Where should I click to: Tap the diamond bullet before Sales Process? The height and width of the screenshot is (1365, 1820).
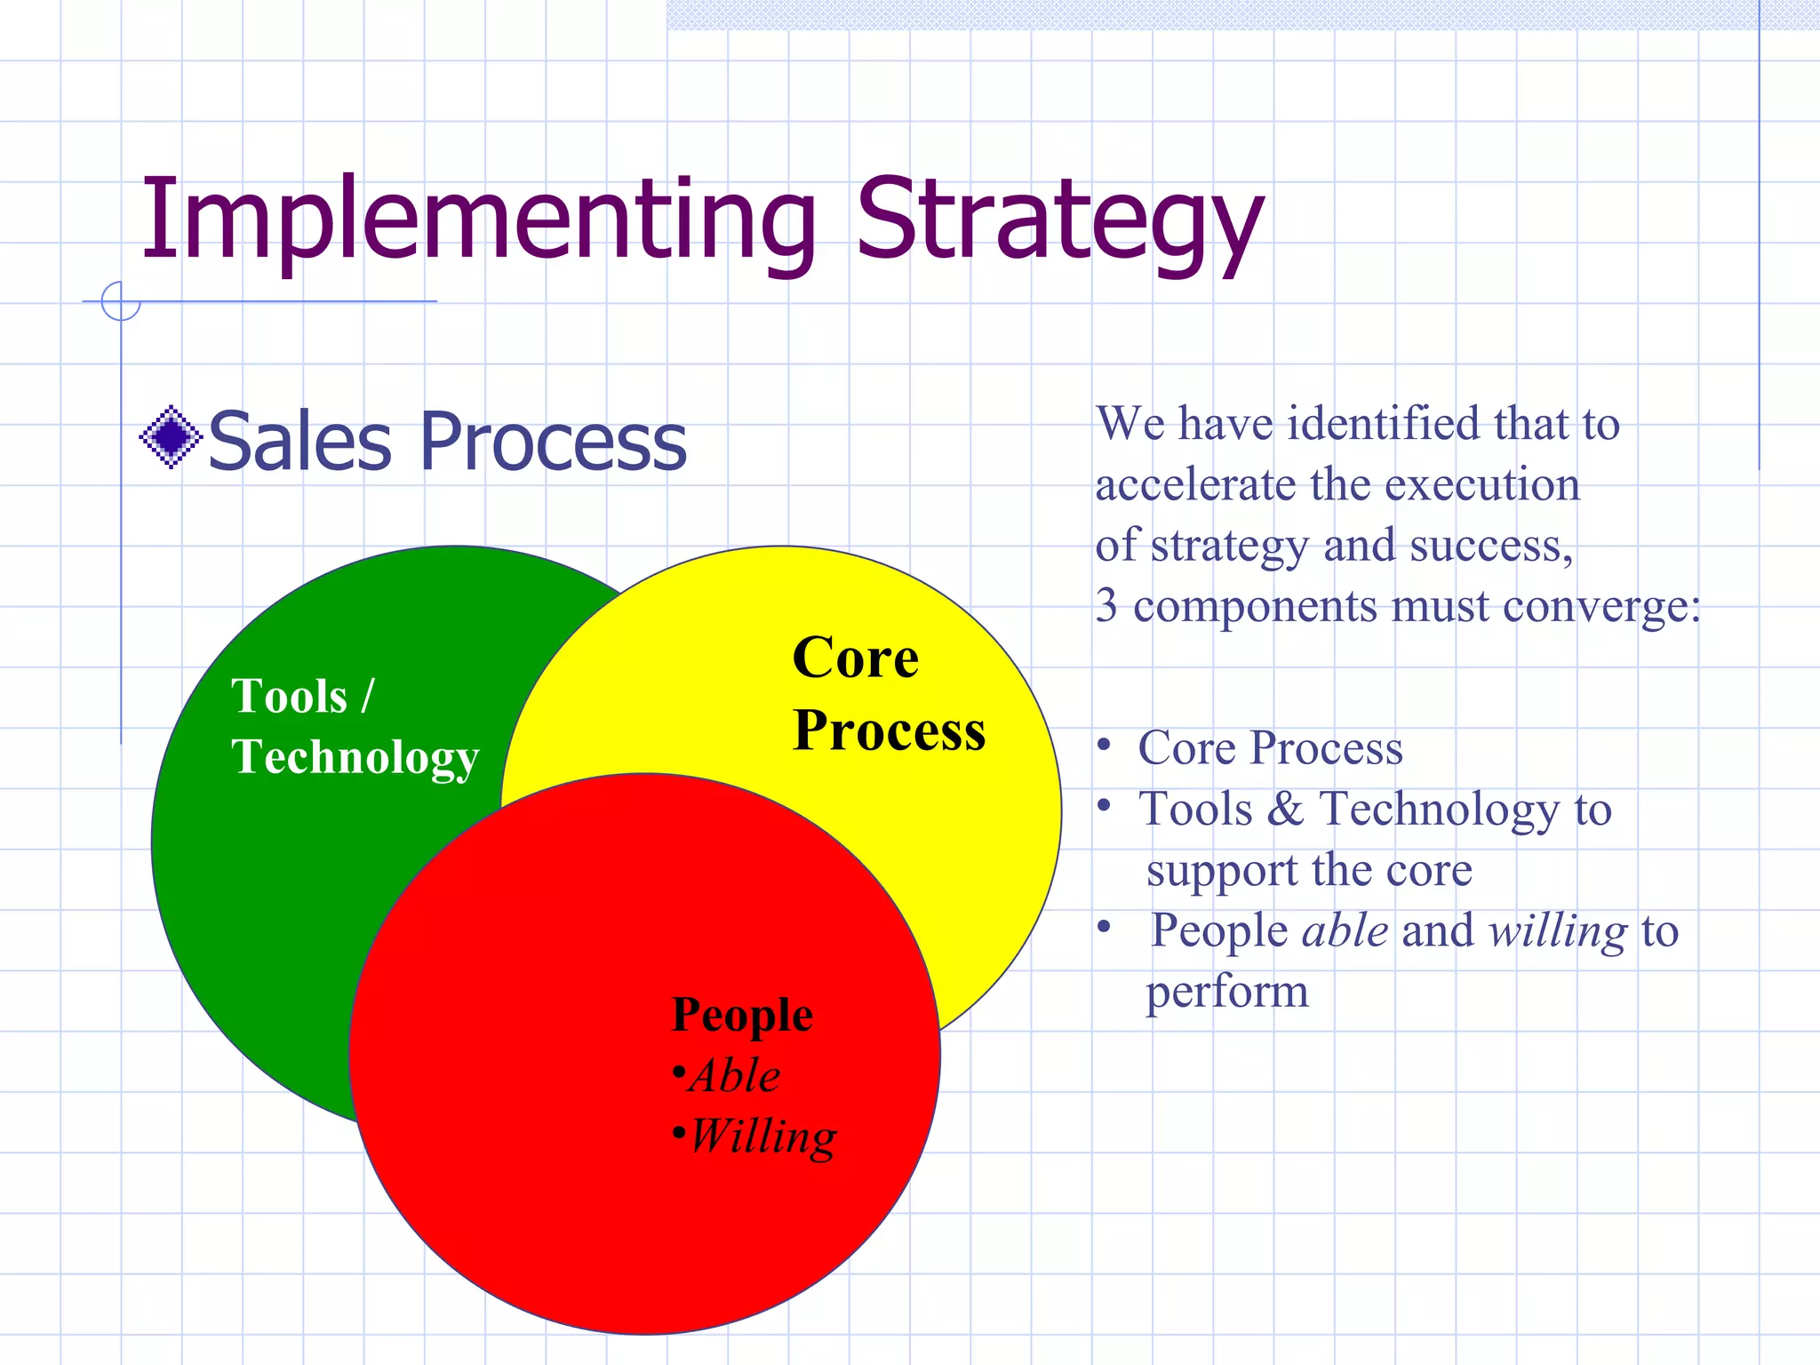171,437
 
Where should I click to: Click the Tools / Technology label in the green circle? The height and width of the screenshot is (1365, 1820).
354,726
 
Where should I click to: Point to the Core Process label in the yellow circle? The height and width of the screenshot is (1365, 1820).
889,693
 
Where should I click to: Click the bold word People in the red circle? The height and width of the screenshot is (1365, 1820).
742,1015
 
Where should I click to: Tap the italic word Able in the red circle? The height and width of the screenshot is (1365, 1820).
736,1075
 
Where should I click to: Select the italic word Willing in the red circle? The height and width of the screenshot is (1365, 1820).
762,1137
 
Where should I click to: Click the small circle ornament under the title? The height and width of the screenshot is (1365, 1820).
121,301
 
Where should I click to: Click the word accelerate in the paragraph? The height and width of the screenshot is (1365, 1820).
1195,485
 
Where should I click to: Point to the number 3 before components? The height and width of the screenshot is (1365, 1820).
1106,606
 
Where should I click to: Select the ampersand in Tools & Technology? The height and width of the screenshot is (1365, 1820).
1285,810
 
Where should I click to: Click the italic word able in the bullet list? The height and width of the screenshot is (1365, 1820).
1345,931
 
